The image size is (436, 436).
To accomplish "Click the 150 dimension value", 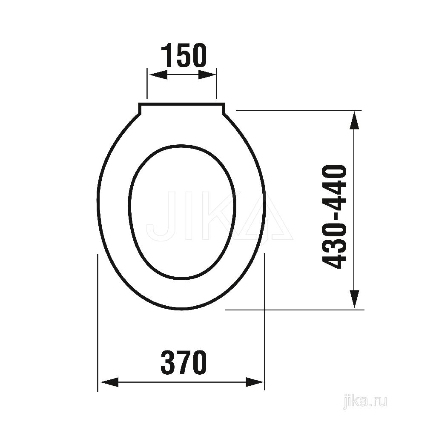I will pyautogui.click(x=184, y=56).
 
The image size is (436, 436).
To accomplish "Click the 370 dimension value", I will pyautogui.click(x=184, y=363).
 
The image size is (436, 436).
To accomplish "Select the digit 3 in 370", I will pyautogui.click(x=168, y=363).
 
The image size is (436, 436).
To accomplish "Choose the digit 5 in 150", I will pyautogui.click(x=184, y=56).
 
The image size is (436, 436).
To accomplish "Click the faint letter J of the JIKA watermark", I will pyautogui.click(x=160, y=217).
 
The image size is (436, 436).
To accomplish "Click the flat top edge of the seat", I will pyautogui.click(x=181, y=104).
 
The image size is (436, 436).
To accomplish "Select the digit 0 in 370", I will pyautogui.click(x=199, y=363).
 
